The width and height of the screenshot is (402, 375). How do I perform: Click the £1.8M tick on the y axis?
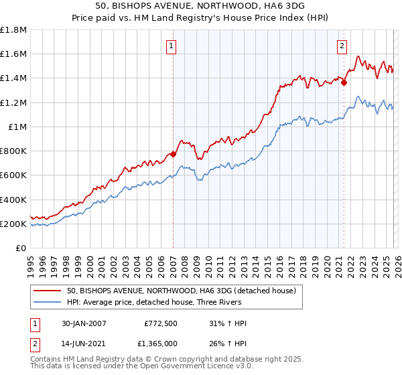tap(13, 30)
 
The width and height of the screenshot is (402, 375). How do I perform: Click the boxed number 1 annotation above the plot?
tap(172, 46)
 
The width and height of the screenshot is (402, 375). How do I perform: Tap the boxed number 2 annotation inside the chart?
tap(342, 46)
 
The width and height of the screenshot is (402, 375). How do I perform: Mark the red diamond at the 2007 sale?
tap(173, 154)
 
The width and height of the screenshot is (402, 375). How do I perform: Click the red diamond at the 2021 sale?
tap(344, 82)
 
